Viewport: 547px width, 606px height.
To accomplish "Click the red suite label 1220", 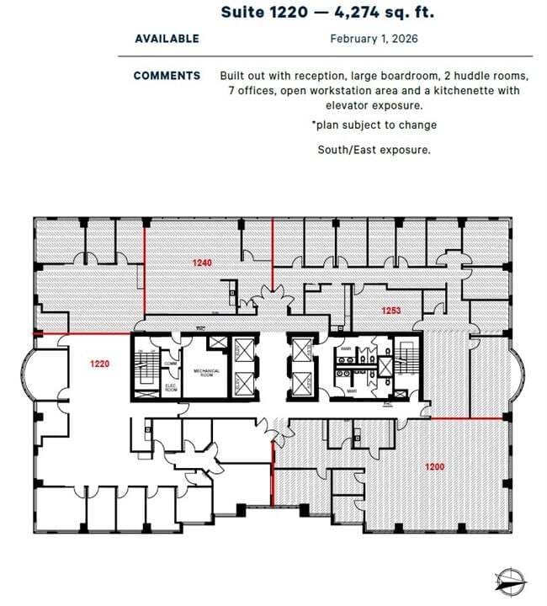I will point(99,363).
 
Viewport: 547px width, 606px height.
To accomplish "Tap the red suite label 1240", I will point(202,263).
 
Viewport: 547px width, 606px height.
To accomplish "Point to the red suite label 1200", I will point(434,465).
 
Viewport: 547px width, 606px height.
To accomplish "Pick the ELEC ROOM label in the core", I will point(170,389).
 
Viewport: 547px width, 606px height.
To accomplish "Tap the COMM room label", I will point(171,364).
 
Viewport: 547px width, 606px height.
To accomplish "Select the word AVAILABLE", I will point(167,39).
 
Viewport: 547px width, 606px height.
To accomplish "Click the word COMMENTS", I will point(167,76).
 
